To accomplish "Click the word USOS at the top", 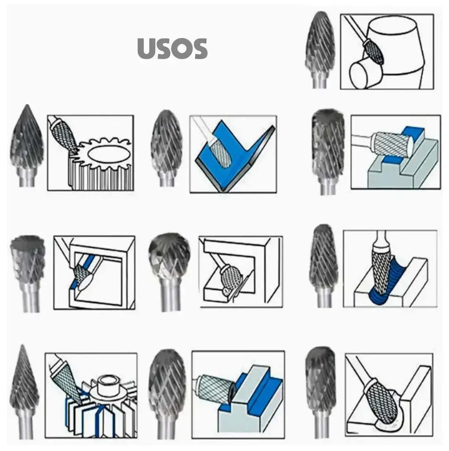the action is click(x=172, y=49).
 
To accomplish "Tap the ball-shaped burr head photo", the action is click(x=170, y=253).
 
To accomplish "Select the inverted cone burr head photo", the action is click(x=28, y=259).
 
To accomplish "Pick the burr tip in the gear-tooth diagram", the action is click(x=75, y=149).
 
